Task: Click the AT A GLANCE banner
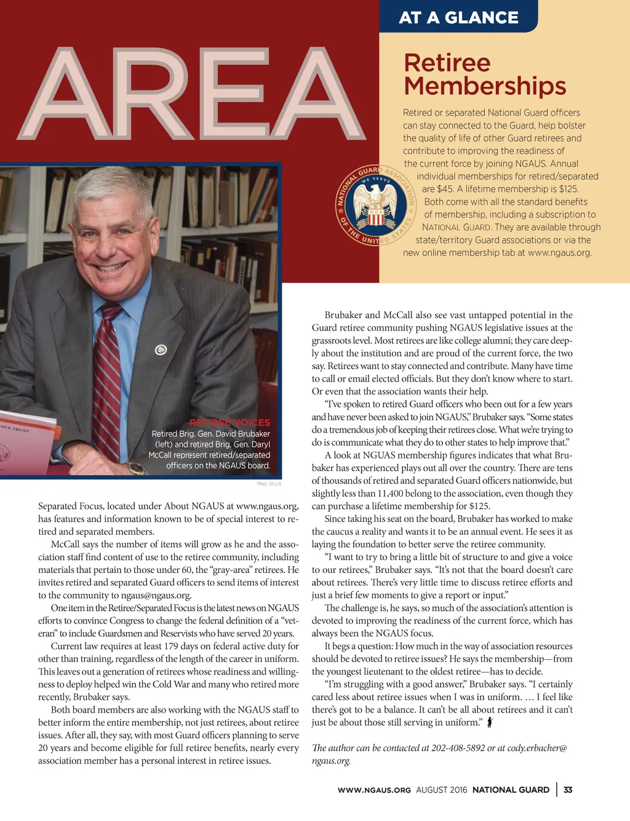458,17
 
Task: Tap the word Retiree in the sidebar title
447,63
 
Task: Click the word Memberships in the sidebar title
485,86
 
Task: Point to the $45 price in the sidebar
445,189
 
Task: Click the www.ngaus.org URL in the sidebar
559,253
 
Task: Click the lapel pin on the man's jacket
161,350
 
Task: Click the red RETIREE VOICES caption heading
229,423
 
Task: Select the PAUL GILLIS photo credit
269,484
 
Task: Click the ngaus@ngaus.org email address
156,595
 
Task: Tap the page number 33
568,790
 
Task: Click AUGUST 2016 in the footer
441,790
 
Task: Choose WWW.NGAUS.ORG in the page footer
374,790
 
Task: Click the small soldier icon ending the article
490,723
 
